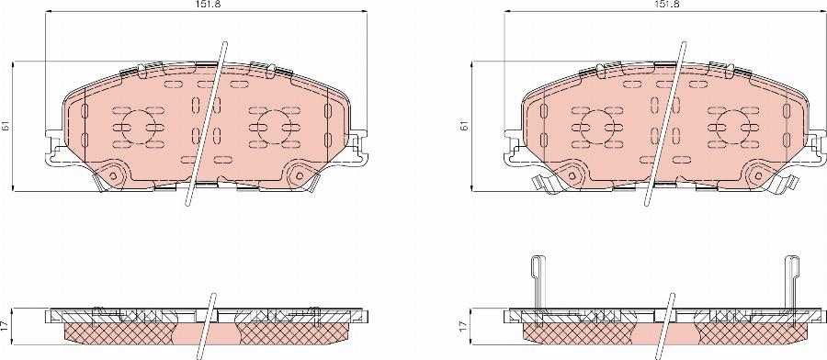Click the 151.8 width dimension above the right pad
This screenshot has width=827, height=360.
click(x=666, y=5)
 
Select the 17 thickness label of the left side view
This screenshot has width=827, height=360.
click(x=6, y=325)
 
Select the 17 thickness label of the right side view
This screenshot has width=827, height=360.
click(x=465, y=325)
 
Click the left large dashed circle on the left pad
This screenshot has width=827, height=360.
click(x=138, y=128)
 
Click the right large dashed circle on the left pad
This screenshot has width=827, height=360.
click(x=273, y=128)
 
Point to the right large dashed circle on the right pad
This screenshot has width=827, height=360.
click(x=731, y=128)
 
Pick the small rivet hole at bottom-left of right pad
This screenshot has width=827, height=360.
click(x=572, y=174)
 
